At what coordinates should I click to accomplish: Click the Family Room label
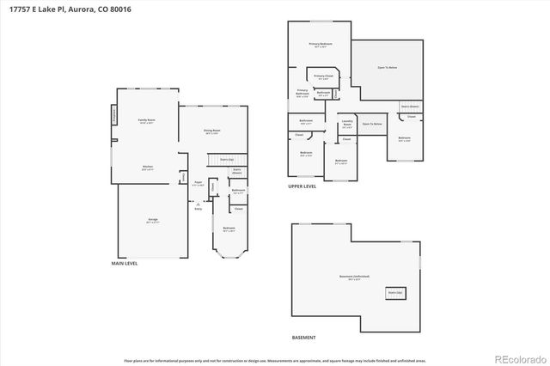146,120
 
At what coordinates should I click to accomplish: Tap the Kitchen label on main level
147,168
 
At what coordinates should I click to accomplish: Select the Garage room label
152,220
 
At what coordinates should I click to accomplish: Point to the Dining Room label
211,131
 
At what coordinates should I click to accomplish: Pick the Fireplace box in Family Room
115,114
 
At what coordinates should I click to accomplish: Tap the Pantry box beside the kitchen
183,177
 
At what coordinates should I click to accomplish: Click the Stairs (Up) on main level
228,159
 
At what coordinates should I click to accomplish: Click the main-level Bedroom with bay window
229,229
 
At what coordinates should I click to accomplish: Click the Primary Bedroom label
321,45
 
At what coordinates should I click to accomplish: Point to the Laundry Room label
345,124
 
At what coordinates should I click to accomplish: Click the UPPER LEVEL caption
302,186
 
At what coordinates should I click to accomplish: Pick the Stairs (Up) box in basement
396,292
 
